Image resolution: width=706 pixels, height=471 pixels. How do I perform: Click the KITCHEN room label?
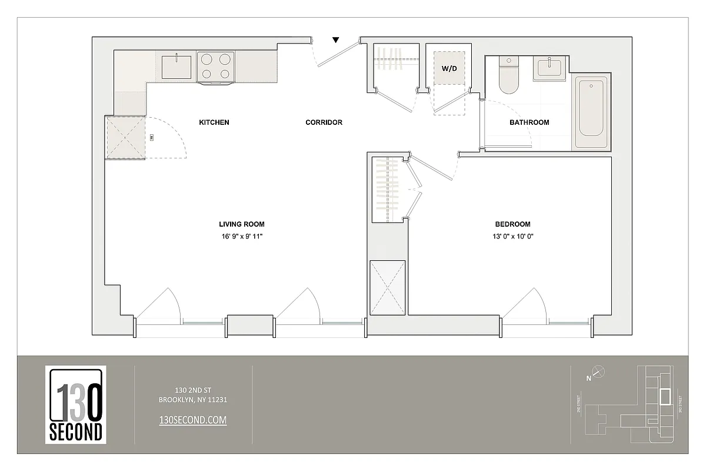tap(214, 122)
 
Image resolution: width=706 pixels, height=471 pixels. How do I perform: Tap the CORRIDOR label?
tap(324, 122)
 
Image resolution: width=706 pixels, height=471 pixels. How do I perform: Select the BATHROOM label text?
tap(529, 122)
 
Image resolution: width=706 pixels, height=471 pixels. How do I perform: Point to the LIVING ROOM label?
tap(241, 224)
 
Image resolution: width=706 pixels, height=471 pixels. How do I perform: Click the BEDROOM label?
tap(512, 224)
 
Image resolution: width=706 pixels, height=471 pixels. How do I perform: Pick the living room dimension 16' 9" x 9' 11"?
tap(241, 237)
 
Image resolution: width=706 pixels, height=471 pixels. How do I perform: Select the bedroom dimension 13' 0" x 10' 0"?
tap(512, 237)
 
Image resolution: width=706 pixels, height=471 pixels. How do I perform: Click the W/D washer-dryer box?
tap(449, 68)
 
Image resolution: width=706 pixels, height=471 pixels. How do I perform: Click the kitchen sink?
tap(177, 65)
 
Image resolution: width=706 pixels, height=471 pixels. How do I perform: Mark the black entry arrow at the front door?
tap(335, 40)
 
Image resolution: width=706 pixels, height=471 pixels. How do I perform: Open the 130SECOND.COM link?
tap(193, 420)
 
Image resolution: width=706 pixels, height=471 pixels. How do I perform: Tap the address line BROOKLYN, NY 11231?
tap(193, 400)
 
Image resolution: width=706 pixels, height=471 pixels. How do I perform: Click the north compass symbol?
tap(598, 372)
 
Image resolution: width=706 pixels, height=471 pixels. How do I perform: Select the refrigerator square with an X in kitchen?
tap(125, 137)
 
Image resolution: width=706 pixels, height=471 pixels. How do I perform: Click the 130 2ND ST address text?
tap(193, 390)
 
